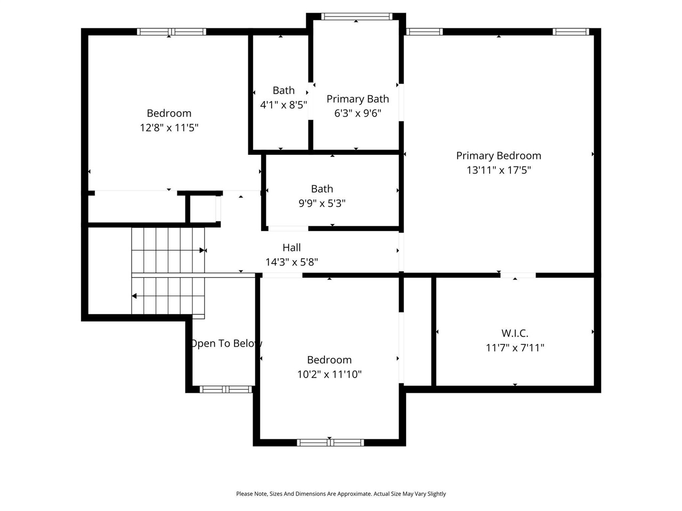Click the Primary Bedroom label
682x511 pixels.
pos(498,155)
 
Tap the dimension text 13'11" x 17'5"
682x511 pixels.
pos(498,170)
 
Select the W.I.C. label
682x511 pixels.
pos(515,333)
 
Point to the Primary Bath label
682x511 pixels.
pos(358,98)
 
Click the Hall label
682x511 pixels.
pos(291,248)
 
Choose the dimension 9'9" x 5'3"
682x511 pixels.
pos(322,203)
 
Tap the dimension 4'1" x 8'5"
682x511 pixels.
pos(283,105)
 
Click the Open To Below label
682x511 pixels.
pos(226,343)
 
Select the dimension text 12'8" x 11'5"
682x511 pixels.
pos(169,128)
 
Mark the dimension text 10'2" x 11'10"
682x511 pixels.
pos(329,374)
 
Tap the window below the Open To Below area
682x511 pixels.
pos(225,390)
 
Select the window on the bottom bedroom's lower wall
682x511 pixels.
pos(330,442)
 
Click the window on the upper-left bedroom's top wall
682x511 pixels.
pos(172,32)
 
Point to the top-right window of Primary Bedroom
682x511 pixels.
pos(571,32)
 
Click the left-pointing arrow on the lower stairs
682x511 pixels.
pos(135,296)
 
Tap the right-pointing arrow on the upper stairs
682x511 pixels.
pos(202,250)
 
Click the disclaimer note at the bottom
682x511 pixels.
pos(341,494)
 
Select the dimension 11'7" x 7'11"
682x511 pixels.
pos(515,348)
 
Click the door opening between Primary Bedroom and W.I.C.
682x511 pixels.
pos(517,275)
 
